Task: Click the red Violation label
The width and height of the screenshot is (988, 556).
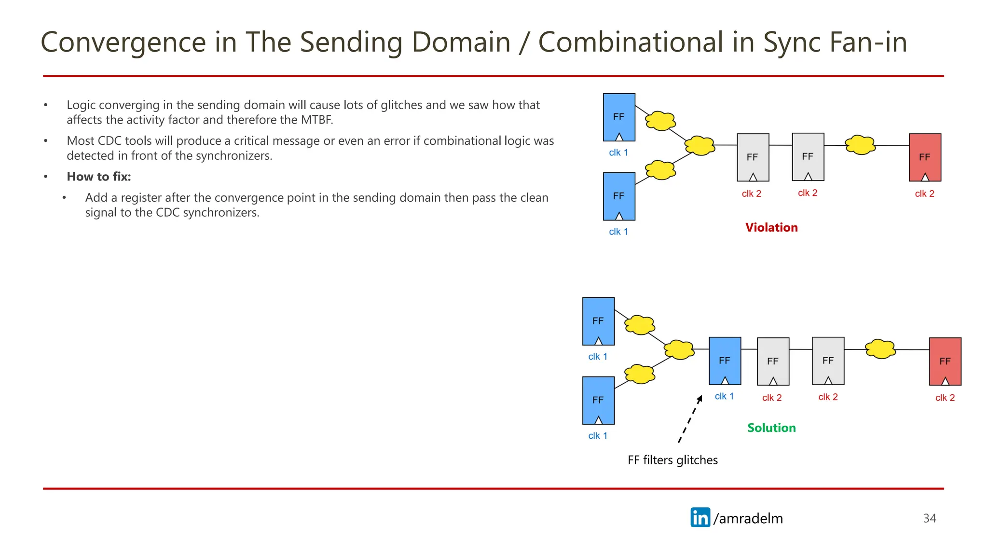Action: (771, 227)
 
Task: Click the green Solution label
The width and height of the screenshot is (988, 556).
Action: (771, 428)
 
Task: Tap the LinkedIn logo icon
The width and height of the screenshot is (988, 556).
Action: (700, 517)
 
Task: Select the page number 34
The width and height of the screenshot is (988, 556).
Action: (929, 518)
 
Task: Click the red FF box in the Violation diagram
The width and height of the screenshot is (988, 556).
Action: (925, 157)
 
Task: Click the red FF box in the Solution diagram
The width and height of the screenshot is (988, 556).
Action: (945, 361)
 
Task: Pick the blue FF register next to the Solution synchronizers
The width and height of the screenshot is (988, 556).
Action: (725, 361)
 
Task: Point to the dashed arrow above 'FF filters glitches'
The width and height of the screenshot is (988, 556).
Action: (690, 418)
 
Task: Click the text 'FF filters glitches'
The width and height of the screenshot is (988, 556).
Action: (672, 460)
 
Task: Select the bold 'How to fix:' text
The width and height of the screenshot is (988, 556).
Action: (99, 177)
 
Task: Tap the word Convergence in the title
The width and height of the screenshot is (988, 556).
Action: (123, 42)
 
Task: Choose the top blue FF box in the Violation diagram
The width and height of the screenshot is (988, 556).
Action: (619, 117)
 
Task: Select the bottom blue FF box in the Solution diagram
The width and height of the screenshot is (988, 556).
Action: (598, 400)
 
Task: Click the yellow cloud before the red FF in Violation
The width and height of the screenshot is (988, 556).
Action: (860, 144)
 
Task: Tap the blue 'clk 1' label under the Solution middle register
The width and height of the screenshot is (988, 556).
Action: (724, 396)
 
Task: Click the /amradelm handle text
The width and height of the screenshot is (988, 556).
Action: (748, 518)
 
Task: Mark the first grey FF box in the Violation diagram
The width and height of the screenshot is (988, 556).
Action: (753, 157)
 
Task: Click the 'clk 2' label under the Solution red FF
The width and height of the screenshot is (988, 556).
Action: (945, 398)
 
